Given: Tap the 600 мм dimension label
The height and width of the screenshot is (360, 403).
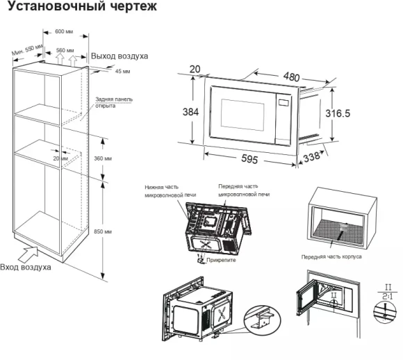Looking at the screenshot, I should click(65, 31).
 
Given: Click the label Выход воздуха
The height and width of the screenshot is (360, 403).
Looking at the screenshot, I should click(120, 56).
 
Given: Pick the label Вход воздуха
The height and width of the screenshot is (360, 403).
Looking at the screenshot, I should click(25, 266).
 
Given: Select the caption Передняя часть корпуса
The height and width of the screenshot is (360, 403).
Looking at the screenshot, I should click(331, 256).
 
